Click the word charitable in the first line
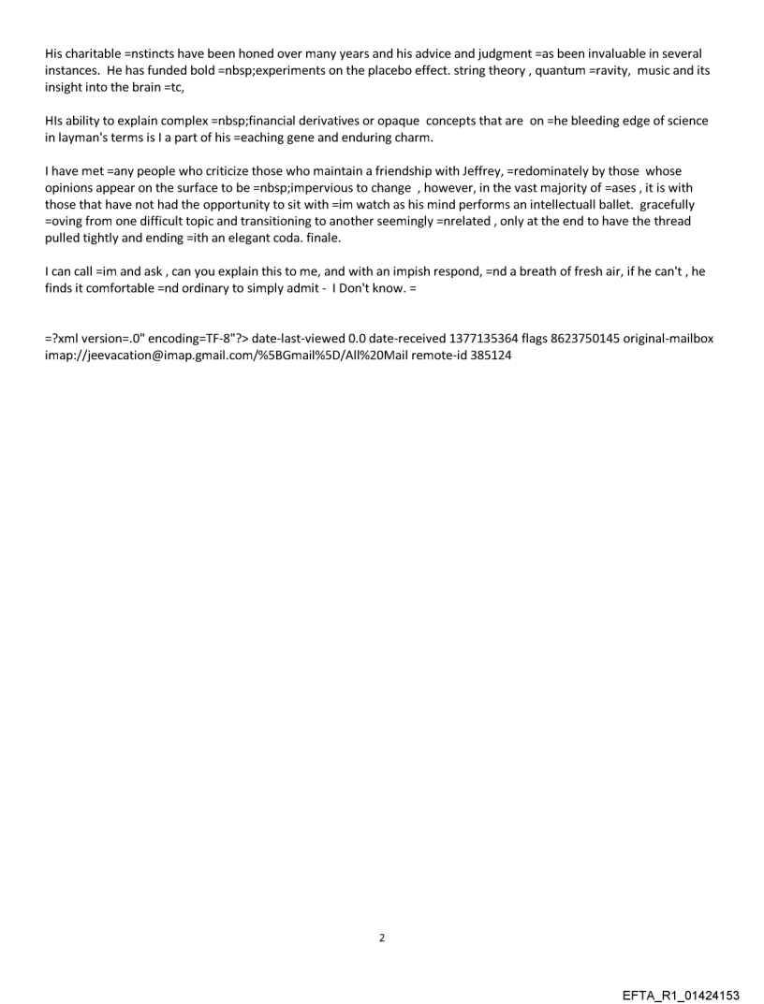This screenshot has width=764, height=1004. click(92, 53)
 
